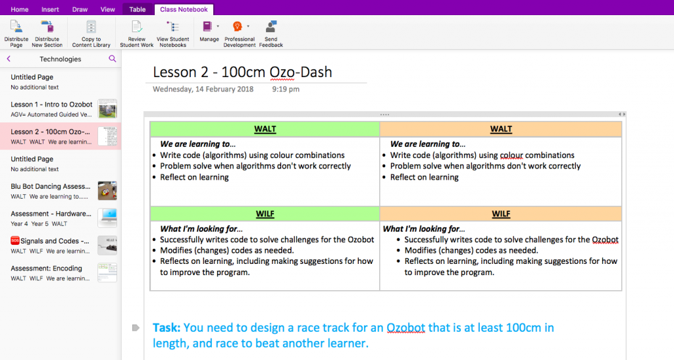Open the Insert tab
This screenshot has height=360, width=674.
(x=50, y=9)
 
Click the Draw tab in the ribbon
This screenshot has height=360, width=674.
(x=80, y=9)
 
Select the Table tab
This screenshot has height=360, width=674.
(x=138, y=9)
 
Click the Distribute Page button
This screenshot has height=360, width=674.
(x=16, y=34)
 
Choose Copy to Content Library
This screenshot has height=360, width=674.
(x=91, y=34)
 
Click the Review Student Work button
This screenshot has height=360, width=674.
(x=137, y=34)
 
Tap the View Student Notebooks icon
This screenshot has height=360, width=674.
(x=173, y=27)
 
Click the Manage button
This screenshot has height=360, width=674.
(x=209, y=32)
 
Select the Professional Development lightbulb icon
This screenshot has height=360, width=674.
(x=237, y=26)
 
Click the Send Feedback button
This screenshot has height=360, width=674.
(x=271, y=34)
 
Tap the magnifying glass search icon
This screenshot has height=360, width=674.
(x=112, y=59)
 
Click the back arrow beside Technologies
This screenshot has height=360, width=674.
(x=9, y=59)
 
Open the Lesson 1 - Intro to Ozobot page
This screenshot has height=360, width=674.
(x=61, y=109)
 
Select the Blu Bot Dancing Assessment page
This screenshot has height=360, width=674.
(x=61, y=191)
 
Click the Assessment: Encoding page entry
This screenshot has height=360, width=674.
(x=61, y=273)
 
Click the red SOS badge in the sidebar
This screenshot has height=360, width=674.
(x=15, y=241)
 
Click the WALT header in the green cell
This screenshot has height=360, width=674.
(x=265, y=129)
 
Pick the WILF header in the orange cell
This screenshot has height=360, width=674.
(x=501, y=213)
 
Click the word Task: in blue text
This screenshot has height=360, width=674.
(x=167, y=328)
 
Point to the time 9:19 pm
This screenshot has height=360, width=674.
(x=286, y=90)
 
